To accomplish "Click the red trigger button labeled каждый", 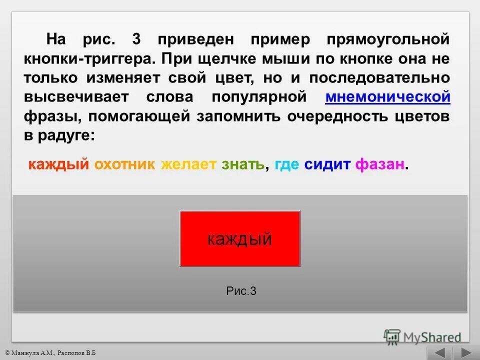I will (x=240, y=238).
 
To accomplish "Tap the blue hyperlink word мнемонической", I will (x=387, y=97).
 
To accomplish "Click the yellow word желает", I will (x=189, y=164).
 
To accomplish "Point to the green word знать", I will (x=243, y=164).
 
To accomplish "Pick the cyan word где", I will (x=286, y=165).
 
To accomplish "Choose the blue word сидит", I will (x=327, y=164).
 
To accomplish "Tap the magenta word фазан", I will (x=380, y=164).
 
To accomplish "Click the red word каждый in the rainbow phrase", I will (x=58, y=164).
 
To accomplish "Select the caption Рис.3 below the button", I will (x=241, y=291).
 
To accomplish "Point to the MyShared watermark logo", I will (x=422, y=336).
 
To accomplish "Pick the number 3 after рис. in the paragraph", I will (x=136, y=39).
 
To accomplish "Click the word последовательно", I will (x=379, y=78).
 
